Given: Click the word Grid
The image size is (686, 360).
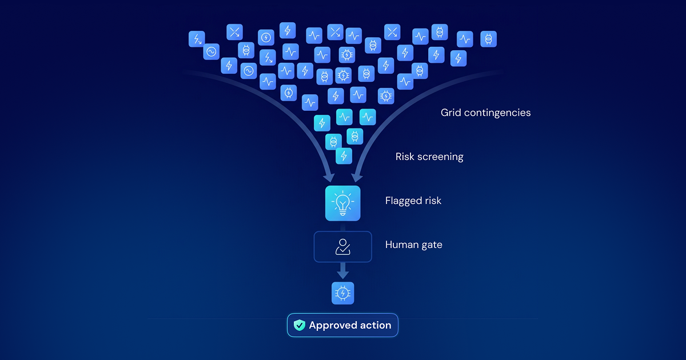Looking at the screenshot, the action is point(451,113).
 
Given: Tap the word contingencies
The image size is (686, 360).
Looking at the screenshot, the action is point(497,113).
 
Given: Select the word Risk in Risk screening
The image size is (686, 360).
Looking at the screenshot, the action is point(404,157).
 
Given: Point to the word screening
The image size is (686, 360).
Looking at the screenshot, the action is point(440,157).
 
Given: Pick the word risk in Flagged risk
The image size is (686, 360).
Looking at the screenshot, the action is point(433,201).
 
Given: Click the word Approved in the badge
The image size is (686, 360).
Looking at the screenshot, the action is point(333,325).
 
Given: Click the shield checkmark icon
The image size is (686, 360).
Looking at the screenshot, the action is point(299,325).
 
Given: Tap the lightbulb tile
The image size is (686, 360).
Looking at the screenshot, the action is point(342,203).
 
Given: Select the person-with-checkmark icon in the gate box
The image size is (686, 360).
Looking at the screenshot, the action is point(342,247).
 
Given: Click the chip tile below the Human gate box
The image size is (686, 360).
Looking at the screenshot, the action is point(342,293).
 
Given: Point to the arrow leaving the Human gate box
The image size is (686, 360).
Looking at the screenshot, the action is point(342,271).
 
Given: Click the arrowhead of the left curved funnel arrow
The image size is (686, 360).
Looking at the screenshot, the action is point(329,178).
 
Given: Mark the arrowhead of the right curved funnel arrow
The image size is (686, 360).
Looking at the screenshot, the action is point(357,178).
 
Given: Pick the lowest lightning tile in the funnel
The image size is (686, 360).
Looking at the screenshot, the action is point(344,156).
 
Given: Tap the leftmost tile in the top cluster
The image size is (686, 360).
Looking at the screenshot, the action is point(197,39).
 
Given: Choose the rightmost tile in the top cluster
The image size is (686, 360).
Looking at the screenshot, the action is point(488,39).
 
